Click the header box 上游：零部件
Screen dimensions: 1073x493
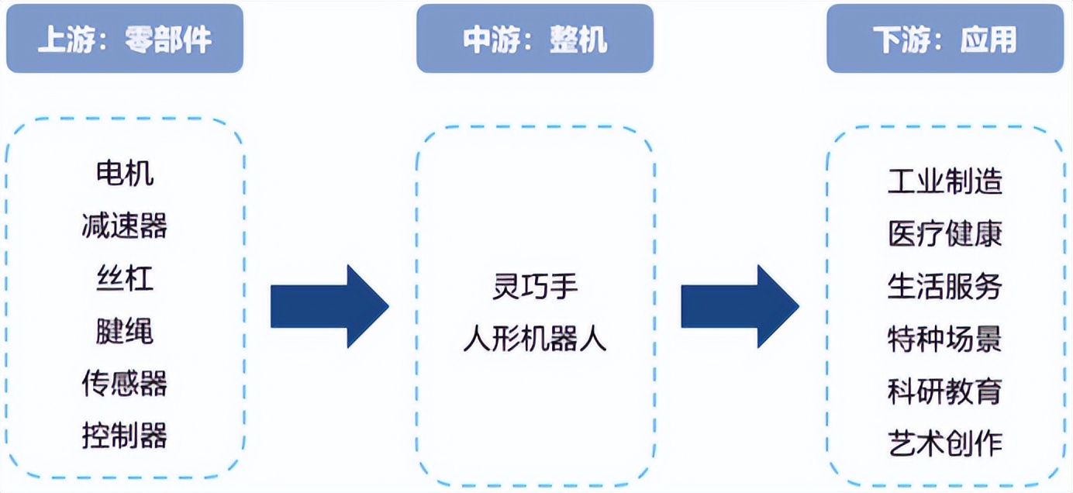[125, 39]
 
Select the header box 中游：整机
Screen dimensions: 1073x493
[535, 39]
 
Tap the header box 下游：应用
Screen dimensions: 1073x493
[945, 39]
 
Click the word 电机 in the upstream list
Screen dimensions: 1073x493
[125, 174]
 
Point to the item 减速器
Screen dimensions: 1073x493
[125, 226]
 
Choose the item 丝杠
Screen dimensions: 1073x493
[125, 278]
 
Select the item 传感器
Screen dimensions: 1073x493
[125, 383]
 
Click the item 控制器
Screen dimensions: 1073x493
[125, 436]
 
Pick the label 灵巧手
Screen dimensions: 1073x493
[535, 287]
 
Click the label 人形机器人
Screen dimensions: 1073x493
[535, 339]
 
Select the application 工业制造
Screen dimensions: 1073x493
[945, 181]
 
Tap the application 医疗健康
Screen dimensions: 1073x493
[945, 234]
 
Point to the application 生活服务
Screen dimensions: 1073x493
[945, 287]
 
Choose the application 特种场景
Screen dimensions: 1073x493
[945, 339]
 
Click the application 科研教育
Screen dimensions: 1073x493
[945, 391]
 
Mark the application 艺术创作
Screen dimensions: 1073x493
[945, 443]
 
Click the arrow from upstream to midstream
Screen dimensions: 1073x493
[329, 306]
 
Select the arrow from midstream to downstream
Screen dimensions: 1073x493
[740, 306]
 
